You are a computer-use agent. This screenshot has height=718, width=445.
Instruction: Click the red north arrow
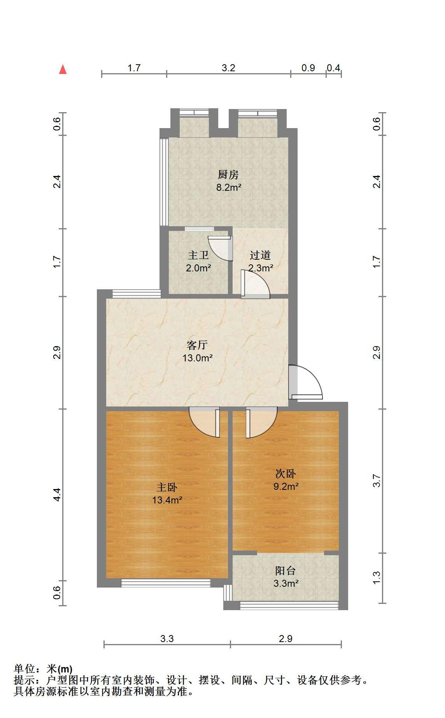click(63, 69)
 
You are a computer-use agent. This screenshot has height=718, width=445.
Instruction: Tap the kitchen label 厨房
click(228, 174)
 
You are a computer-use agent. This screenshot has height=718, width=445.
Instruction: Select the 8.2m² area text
click(229, 188)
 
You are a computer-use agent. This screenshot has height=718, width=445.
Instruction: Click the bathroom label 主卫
click(198, 255)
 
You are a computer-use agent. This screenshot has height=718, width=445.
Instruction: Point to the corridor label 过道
click(260, 255)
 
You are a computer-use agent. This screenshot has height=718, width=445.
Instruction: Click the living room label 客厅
click(197, 345)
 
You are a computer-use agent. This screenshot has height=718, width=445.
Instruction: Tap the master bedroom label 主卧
click(167, 487)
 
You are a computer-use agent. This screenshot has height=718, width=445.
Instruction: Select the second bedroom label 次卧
click(286, 473)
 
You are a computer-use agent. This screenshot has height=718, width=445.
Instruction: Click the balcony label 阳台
click(286, 570)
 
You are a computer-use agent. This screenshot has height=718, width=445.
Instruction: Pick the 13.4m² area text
click(167, 500)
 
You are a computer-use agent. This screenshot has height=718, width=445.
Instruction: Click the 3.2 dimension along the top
click(229, 68)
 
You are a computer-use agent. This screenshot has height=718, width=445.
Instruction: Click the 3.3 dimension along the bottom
click(167, 639)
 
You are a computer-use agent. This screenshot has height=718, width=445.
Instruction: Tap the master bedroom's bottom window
click(166, 583)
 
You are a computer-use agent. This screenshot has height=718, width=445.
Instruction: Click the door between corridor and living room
click(255, 284)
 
